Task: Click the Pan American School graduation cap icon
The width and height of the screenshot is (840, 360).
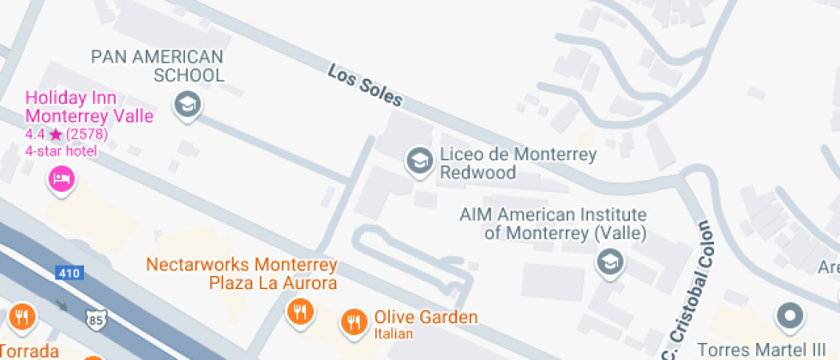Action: coord(186,105)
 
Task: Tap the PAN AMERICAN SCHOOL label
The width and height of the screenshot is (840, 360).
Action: coord(158,66)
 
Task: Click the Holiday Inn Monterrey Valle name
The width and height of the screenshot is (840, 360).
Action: coord(89,108)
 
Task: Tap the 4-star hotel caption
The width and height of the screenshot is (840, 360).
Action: coord(61,151)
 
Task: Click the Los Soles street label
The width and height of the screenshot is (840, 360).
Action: coord(364,86)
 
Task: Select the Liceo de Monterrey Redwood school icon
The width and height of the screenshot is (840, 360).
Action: coord(419,160)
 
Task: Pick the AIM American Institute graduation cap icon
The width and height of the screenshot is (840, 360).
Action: coord(609,261)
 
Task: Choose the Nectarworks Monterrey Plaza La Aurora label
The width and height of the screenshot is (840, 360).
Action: coord(242,273)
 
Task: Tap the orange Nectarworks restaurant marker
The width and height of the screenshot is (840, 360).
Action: coord(299,312)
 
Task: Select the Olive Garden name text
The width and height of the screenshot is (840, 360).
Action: coord(425,318)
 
